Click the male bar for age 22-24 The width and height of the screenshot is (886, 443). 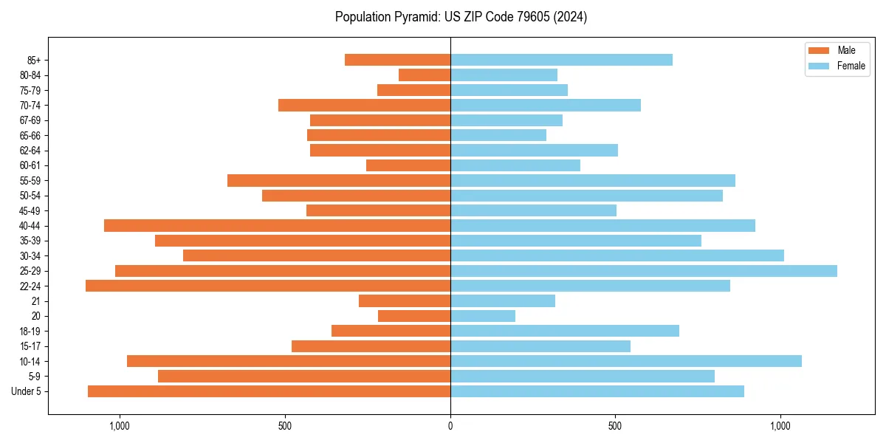pyautogui.click(x=268, y=286)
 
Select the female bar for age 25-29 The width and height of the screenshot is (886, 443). pyautogui.click(x=644, y=271)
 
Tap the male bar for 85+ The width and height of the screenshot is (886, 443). pyautogui.click(x=397, y=60)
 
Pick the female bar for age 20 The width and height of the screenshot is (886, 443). pyautogui.click(x=483, y=316)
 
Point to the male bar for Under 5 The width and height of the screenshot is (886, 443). pyautogui.click(x=269, y=391)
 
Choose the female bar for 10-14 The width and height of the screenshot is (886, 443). pyautogui.click(x=626, y=361)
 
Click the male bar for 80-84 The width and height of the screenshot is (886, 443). pyautogui.click(x=425, y=75)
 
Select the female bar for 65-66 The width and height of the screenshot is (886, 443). pyautogui.click(x=498, y=135)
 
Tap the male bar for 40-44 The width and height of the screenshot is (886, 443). pyautogui.click(x=277, y=225)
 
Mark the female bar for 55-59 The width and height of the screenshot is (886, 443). pyautogui.click(x=593, y=180)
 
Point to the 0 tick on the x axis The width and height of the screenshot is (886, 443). pyautogui.click(x=450, y=425)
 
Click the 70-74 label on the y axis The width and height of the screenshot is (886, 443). pyautogui.click(x=30, y=106)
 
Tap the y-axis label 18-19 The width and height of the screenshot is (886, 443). pyautogui.click(x=30, y=332)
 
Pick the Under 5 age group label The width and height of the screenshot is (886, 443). pyautogui.click(x=27, y=391)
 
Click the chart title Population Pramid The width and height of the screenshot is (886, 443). pyautogui.click(x=461, y=17)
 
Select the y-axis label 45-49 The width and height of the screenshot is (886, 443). pyautogui.click(x=30, y=211)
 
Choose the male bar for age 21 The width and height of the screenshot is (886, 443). pyautogui.click(x=405, y=301)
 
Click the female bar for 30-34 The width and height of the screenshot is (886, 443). pyautogui.click(x=617, y=255)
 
